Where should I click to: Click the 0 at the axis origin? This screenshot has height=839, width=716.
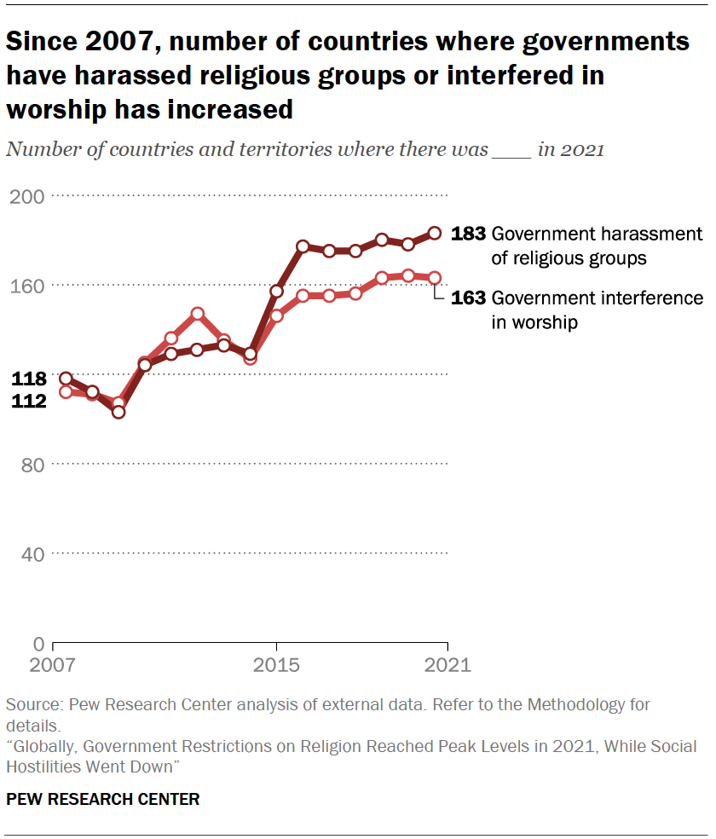[38, 644]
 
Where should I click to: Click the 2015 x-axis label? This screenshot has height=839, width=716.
[275, 665]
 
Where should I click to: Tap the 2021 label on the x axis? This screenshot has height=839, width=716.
[446, 665]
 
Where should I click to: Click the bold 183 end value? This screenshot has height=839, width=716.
[468, 234]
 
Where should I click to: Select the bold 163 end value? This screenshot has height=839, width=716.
[468, 298]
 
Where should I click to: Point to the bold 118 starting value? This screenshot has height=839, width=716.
[28, 379]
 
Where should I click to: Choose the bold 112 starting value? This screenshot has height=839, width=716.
[28, 401]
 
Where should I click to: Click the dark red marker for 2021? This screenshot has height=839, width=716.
[434, 233]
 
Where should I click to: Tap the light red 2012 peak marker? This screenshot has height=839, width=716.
[197, 314]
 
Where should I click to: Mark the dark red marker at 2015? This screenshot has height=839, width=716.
[276, 292]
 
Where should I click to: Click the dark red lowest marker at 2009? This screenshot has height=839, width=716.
[118, 412]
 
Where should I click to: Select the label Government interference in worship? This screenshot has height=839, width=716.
[598, 310]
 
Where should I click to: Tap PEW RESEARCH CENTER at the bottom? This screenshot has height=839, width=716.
[103, 799]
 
